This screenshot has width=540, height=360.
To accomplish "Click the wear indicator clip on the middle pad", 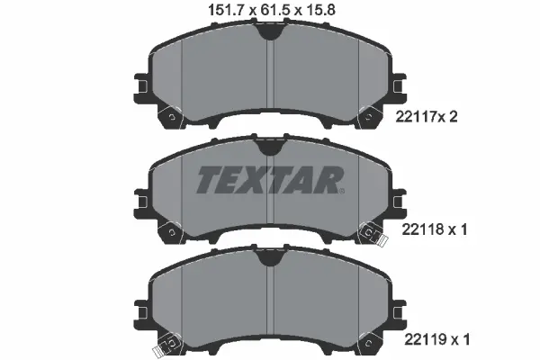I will [368, 233].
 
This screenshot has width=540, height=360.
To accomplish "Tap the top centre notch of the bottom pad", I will [269, 258].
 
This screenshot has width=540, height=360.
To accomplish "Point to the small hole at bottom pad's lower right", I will [369, 343].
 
